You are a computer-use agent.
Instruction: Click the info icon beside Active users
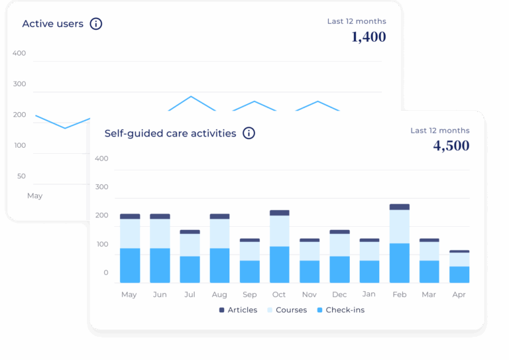click(x=96, y=24)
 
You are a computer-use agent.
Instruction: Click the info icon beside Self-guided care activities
click(x=249, y=133)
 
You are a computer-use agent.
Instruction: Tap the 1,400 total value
click(x=368, y=37)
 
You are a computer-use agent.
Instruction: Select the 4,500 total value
click(x=451, y=146)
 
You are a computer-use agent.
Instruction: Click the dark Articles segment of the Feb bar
click(x=399, y=207)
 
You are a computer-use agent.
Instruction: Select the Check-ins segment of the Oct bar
click(x=279, y=265)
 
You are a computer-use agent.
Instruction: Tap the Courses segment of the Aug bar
click(x=219, y=233)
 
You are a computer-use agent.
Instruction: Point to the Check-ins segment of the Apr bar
click(x=459, y=274)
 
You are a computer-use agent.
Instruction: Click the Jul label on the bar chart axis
click(x=190, y=294)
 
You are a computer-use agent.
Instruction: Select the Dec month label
click(x=339, y=294)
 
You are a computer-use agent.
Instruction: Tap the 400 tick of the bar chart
click(x=101, y=158)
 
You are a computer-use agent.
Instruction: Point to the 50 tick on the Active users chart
click(x=21, y=176)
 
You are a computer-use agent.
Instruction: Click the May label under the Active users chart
click(x=34, y=196)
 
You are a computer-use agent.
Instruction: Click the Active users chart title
click(x=53, y=24)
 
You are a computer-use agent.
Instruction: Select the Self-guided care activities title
click(x=170, y=133)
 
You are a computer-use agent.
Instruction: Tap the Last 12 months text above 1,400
click(x=357, y=21)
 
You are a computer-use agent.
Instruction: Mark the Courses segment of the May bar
click(x=130, y=233)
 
